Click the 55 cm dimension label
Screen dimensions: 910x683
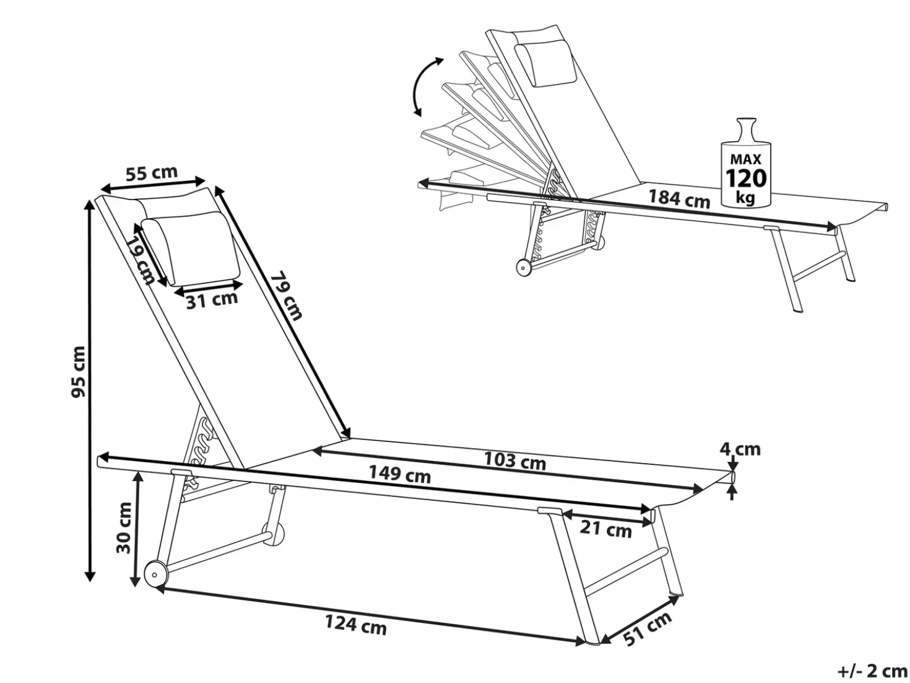click(151, 173)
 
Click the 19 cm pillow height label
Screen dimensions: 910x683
click(140, 260)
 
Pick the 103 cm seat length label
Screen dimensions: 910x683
click(514, 460)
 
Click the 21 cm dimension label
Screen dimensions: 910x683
click(605, 529)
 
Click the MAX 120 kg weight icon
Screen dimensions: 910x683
click(746, 162)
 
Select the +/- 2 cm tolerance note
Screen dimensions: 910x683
click(871, 671)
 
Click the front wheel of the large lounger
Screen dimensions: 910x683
click(156, 575)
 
